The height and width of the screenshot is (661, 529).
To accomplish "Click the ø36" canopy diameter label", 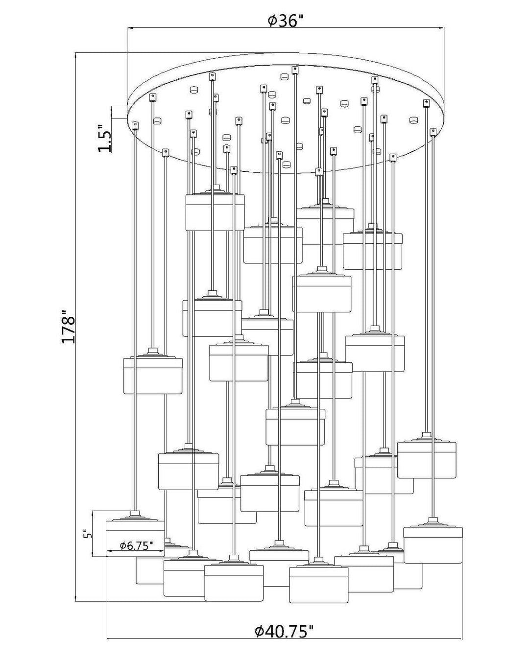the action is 286,21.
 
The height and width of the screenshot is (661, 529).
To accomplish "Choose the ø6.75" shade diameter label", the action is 136,546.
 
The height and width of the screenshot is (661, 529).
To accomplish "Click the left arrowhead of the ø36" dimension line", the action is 130,28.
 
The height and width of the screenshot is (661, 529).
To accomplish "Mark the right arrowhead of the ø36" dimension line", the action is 441,28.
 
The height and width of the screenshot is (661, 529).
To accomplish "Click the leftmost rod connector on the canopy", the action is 135,125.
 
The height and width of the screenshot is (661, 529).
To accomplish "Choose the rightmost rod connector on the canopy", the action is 433,131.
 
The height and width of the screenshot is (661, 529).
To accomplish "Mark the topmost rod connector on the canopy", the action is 295,70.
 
